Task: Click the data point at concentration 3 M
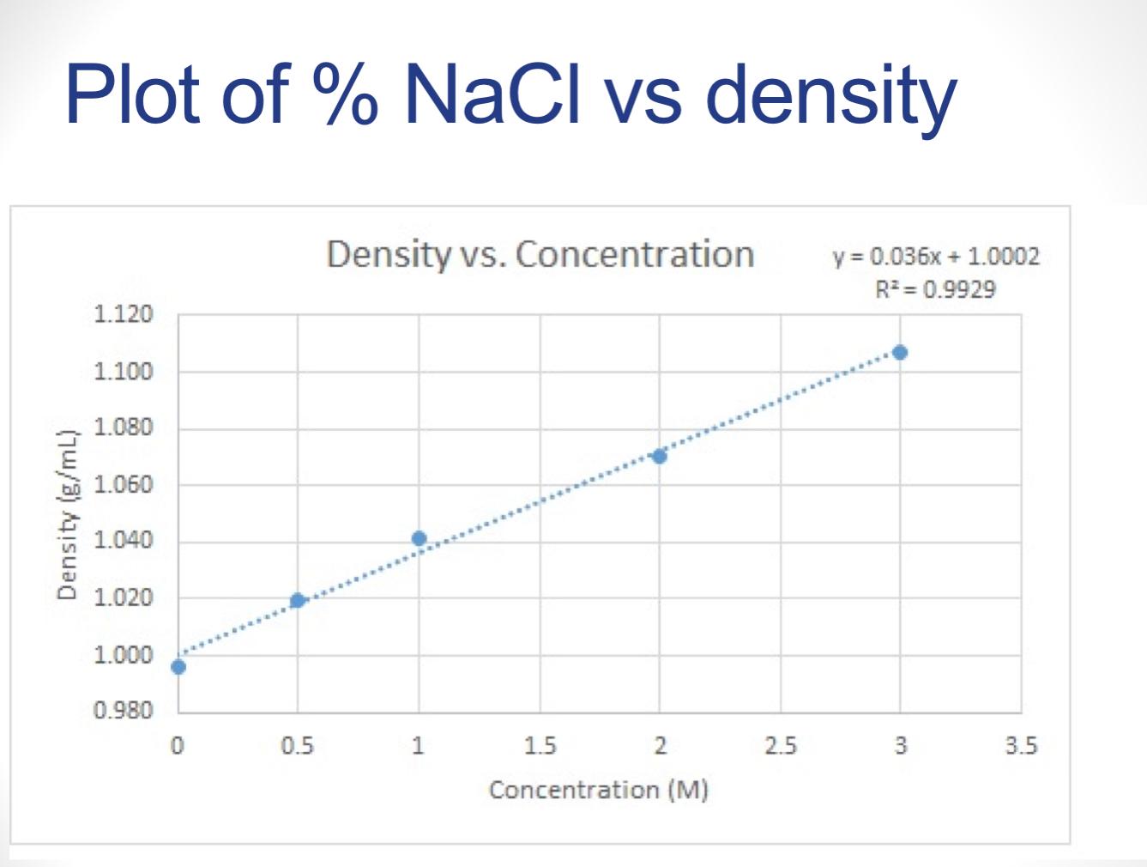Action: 899,352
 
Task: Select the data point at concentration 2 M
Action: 659,456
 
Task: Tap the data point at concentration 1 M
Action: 419,538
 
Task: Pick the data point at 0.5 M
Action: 298,600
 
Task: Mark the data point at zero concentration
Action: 178,666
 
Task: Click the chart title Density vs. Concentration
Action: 540,254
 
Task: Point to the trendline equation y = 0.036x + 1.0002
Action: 935,257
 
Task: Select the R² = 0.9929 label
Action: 935,289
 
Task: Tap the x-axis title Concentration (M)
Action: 598,789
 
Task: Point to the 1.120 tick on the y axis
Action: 123,314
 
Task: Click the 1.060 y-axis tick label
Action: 123,484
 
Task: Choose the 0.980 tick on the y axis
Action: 123,711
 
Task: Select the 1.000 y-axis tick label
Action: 123,654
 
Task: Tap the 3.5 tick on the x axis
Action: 1021,746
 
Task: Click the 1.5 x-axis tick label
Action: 540,746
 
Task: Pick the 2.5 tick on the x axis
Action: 780,746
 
